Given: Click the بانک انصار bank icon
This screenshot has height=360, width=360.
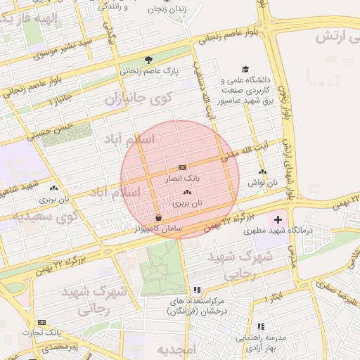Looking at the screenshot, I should click(x=183, y=167).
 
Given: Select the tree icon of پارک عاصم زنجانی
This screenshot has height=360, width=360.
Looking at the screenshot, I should click(x=148, y=60).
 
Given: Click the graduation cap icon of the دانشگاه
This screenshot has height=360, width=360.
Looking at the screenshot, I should click(x=245, y=69).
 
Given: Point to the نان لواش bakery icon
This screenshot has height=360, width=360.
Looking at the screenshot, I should click(x=262, y=172).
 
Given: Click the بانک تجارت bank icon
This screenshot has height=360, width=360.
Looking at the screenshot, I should click(x=41, y=322).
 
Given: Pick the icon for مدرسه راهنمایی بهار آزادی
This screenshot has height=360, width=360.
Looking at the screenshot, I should click(x=261, y=326).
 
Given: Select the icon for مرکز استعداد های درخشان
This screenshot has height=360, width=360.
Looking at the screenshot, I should click(x=198, y=290).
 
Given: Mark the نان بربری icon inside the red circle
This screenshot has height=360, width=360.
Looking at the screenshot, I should click(x=186, y=192).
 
